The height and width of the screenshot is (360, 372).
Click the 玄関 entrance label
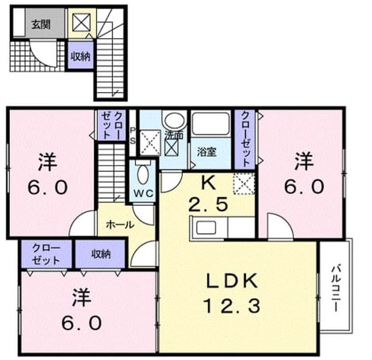coord(41,24)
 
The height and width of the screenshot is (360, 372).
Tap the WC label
coord(143,193)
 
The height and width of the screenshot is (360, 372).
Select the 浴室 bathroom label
coord(207,152)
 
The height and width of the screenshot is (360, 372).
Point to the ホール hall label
coord(120,224)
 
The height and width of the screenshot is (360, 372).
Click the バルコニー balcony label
coord(336,289)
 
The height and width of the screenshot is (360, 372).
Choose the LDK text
coord(232,281)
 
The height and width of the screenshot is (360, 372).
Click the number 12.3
coord(232,306)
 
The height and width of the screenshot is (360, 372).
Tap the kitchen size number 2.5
coord(208,204)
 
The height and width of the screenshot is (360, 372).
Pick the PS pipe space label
coord(133,136)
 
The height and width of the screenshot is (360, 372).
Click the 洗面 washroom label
coord(174,135)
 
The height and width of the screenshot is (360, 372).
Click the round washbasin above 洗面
coord(174,121)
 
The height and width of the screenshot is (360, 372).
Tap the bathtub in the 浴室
coord(211,124)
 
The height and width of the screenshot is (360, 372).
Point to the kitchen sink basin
coord(206,227)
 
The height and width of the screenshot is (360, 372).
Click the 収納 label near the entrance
coord(81,57)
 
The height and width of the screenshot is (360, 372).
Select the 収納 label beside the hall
coord(101,254)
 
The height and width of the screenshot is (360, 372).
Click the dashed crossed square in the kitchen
coord(244,183)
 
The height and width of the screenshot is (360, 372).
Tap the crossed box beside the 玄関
coord(81,22)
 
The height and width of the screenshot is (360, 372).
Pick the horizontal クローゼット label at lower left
coord(46,254)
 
